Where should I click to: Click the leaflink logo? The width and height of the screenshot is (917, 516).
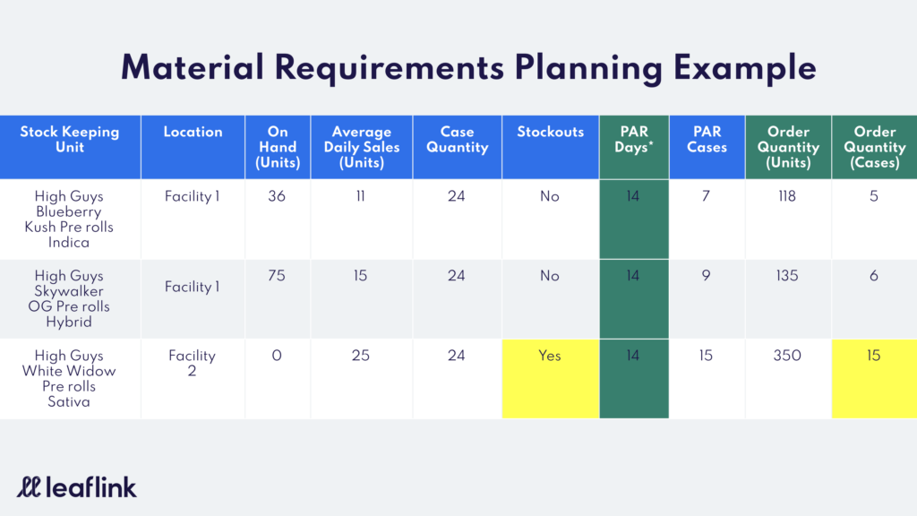(x=77, y=487)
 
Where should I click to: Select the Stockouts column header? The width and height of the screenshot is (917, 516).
(x=551, y=133)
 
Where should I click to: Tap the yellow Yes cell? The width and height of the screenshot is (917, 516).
(x=551, y=379)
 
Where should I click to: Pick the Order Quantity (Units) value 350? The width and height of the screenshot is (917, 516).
(x=787, y=356)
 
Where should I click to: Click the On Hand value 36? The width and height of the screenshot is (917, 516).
(x=277, y=196)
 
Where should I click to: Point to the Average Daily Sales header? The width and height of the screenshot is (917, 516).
(x=362, y=148)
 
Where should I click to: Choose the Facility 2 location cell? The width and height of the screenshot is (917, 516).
(x=192, y=364)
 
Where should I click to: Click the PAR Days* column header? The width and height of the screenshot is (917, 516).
(x=634, y=140)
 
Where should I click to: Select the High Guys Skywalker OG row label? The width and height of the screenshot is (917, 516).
(x=69, y=299)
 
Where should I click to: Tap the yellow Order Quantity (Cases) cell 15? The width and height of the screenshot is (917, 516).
(x=874, y=379)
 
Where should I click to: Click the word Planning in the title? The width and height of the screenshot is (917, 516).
(x=589, y=68)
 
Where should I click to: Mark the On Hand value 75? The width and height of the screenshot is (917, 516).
(x=277, y=276)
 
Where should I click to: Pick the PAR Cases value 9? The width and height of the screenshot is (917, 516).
(x=707, y=276)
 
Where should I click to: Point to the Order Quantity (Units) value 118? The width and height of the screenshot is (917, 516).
(x=787, y=196)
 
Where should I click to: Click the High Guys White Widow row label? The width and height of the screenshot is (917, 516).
(x=69, y=379)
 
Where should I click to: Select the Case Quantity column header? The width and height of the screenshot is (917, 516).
(x=458, y=140)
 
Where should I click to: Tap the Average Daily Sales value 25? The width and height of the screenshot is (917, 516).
(x=361, y=356)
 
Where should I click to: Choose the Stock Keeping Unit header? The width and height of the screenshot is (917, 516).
(x=70, y=140)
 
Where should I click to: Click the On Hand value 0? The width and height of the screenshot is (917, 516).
(x=277, y=356)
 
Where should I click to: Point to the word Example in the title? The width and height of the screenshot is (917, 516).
(x=745, y=68)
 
